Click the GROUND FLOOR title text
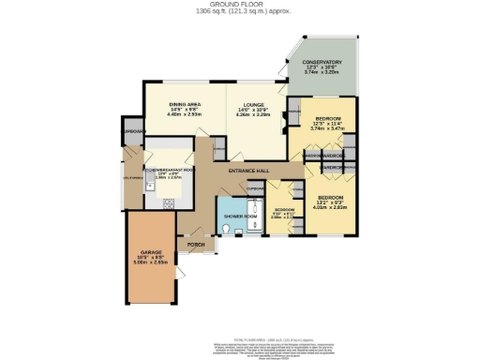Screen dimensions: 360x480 240,4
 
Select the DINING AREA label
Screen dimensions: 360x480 185,104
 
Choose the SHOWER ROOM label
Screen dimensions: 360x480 233,217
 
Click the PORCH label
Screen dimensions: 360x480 196,245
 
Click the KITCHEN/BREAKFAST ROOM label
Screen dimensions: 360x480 169,171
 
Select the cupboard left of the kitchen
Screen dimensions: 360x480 131,132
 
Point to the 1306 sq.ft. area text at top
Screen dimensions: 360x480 240,11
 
